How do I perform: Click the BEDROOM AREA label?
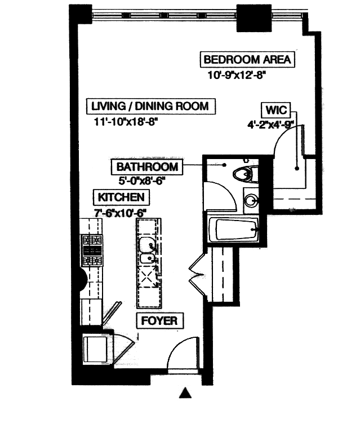coord(247,59)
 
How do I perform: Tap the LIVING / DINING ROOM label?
coord(150,105)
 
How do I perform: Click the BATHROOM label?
coord(147,167)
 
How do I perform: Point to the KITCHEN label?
coord(122,197)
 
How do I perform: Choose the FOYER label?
coord(159,321)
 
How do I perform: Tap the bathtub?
coord(234,229)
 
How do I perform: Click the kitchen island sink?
coord(148,246)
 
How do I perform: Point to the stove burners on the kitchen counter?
coord(92,249)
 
